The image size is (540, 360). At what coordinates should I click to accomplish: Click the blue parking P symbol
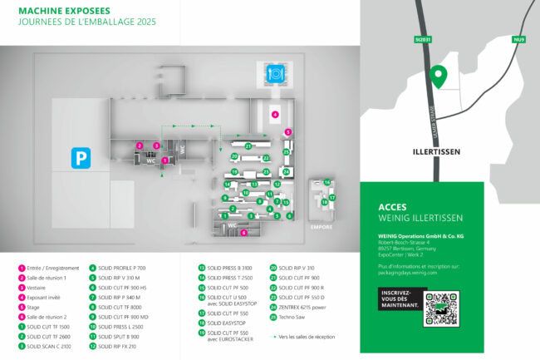point(81,157)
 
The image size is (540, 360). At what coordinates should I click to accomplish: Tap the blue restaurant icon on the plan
point(275,74)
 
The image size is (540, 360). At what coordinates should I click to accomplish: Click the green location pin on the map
point(438,77)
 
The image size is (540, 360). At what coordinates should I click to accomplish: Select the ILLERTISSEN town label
point(437,153)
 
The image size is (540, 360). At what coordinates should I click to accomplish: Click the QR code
point(440,309)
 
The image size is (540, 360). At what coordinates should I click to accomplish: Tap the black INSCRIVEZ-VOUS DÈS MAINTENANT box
point(400,299)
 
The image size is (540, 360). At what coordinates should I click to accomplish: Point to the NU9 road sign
point(519,39)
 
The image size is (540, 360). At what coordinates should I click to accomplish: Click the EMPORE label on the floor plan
point(322,225)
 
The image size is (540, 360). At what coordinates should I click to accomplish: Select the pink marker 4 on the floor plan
point(275,114)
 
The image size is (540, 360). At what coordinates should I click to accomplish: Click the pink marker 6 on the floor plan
point(243,233)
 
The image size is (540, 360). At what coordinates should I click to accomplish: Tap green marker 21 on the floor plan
point(248,146)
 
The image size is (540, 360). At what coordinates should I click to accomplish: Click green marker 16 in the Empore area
point(327,182)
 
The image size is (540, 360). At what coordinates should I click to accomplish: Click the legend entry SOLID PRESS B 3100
point(224,268)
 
